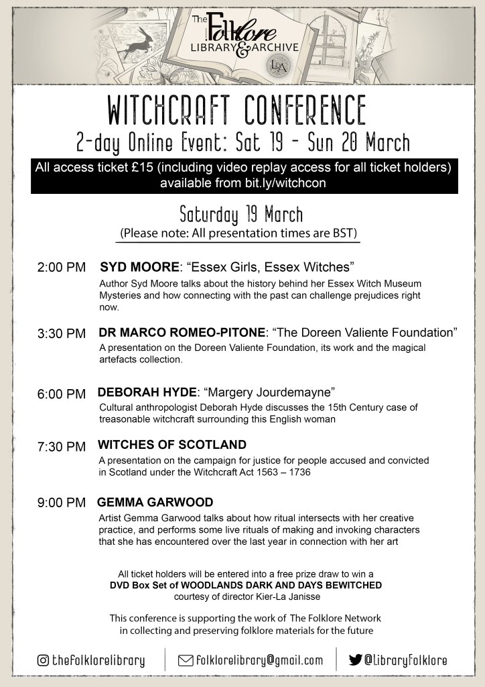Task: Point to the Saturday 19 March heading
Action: [x=241, y=215]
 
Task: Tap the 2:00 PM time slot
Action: [x=61, y=267]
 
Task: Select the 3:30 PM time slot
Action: [x=61, y=333]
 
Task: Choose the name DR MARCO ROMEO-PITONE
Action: [x=182, y=332]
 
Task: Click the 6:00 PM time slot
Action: [x=61, y=394]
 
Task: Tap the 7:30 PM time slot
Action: [x=61, y=446]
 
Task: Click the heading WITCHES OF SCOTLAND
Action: [x=172, y=445]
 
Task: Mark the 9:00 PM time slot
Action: [x=61, y=503]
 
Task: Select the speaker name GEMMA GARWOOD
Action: [x=155, y=502]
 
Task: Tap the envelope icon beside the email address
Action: [x=185, y=660]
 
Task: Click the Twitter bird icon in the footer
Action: [x=356, y=660]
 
